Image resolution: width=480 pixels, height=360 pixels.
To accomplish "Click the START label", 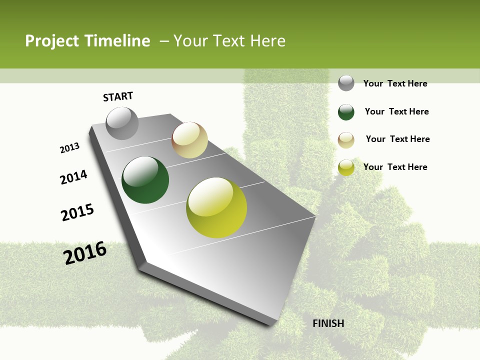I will (x=118, y=96).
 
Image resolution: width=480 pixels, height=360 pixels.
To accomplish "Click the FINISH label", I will (x=328, y=323).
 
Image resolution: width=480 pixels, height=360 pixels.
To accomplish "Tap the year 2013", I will (x=70, y=148).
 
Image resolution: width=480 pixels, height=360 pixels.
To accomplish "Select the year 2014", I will (x=74, y=177).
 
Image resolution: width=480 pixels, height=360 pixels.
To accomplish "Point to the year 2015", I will (x=77, y=212).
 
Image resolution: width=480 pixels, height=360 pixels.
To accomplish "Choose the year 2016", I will (x=85, y=253).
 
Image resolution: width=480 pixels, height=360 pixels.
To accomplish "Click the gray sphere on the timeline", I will (x=122, y=123).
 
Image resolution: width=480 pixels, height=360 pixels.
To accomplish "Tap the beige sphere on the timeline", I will (x=189, y=140).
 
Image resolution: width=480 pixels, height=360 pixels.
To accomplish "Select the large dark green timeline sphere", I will (x=145, y=180).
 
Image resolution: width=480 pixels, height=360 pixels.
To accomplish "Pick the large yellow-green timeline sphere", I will (x=216, y=207).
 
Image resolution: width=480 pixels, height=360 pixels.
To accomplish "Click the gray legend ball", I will (x=346, y=83).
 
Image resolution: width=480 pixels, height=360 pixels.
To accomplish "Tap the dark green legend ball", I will (x=346, y=112).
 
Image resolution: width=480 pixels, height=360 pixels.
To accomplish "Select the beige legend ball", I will (x=346, y=140).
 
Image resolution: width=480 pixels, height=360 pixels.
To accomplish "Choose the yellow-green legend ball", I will (x=346, y=167).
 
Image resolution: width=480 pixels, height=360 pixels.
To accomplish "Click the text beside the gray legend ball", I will (x=395, y=83).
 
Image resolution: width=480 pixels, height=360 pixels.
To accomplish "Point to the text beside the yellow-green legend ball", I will (x=395, y=167).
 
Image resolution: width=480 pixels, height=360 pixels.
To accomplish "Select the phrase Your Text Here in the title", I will (x=229, y=41).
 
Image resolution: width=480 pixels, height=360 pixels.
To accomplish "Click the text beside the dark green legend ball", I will (x=396, y=111).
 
